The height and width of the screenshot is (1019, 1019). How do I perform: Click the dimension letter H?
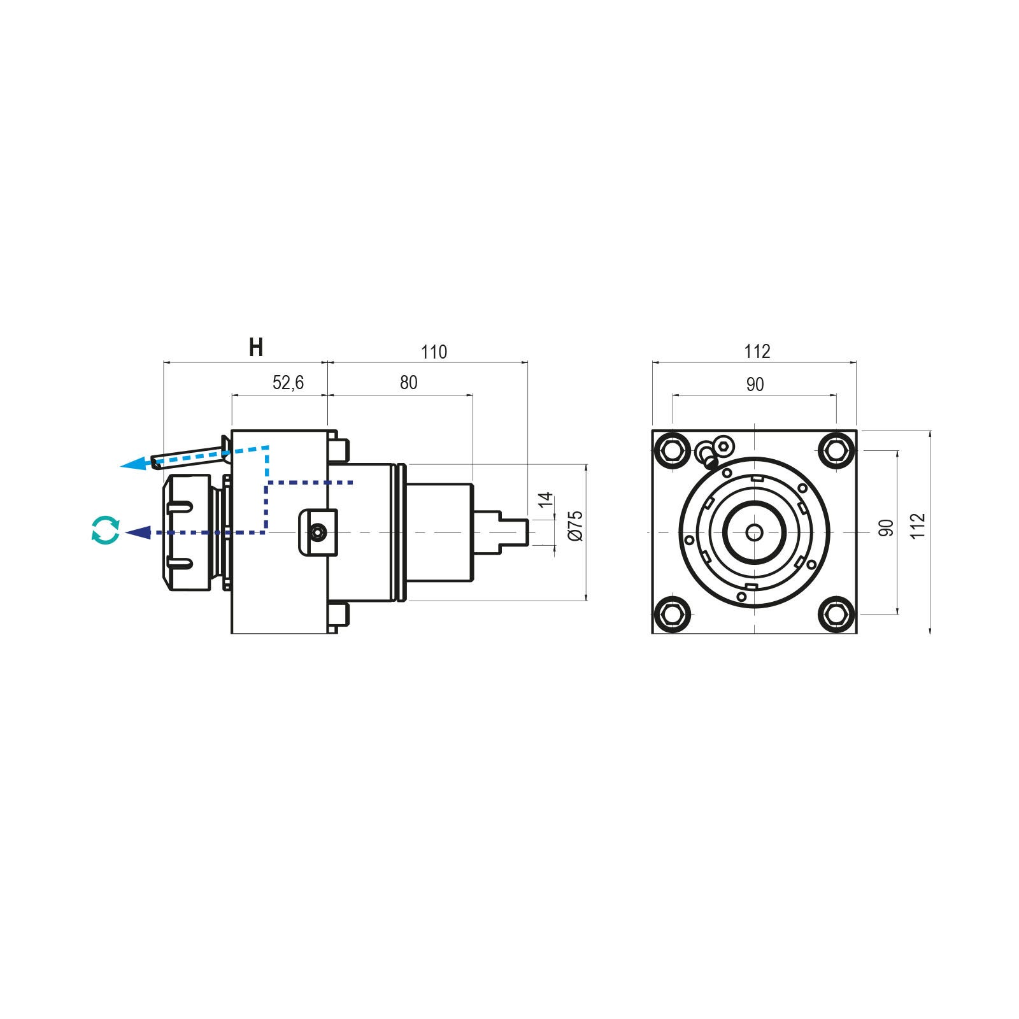point(256,348)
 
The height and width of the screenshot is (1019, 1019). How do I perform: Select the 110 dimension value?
point(434,352)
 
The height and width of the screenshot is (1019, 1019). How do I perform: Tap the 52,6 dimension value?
point(289,383)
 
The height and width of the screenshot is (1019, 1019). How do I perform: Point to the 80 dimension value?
point(409,382)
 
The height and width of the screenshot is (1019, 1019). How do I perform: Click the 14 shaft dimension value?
point(546,500)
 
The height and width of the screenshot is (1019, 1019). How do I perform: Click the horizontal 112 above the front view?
point(757,352)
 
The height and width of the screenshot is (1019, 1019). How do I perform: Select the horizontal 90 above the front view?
point(755,385)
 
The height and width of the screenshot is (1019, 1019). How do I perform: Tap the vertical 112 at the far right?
point(918,525)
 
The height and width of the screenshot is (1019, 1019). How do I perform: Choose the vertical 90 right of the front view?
point(886,527)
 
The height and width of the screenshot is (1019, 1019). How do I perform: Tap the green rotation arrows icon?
point(105,531)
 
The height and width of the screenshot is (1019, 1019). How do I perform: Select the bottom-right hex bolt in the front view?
point(836,613)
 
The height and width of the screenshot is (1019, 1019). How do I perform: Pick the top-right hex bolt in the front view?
point(836,450)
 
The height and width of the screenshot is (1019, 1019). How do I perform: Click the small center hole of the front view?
point(755,532)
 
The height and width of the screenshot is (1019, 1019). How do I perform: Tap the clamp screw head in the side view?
point(317,532)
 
